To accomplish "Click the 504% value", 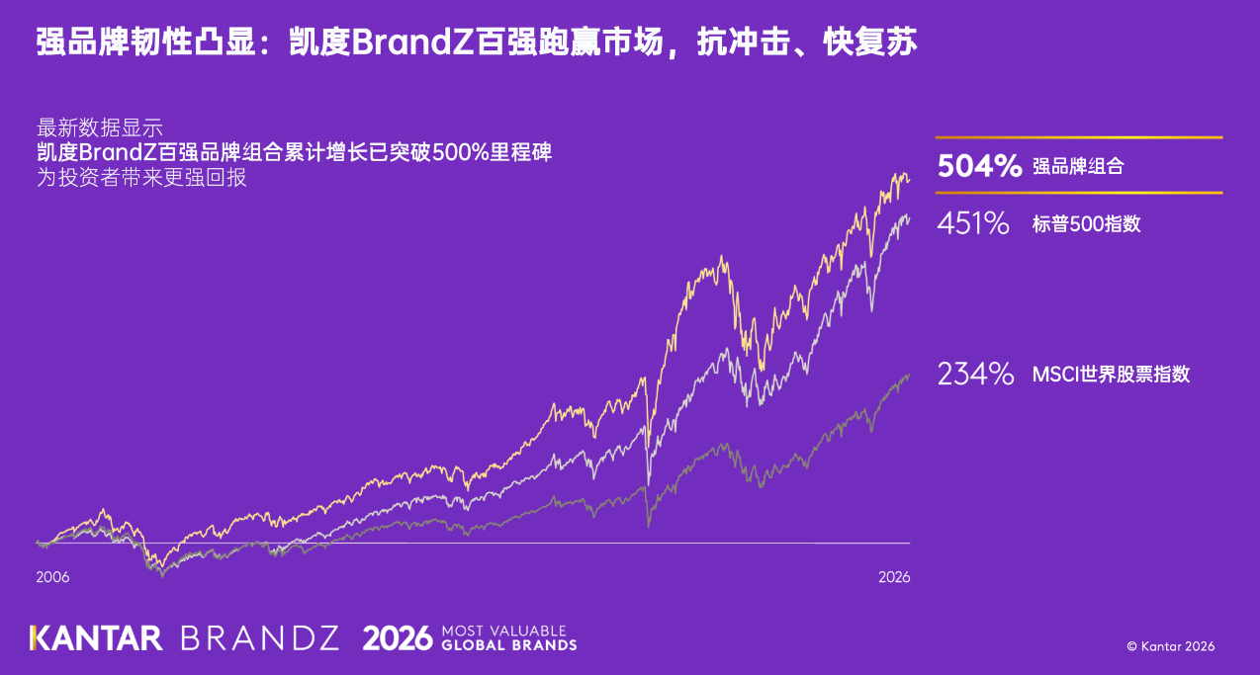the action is coord(979,166).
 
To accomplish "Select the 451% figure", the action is coord(973,223).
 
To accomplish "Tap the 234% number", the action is coord(975,374).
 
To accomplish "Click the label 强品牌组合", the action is coord(1078,166).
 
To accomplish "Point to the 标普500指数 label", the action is coord(1086,223).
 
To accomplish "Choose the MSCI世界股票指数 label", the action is coord(1111,374).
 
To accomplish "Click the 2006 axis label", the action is coord(52,577).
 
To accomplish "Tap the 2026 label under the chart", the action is coord(894,577).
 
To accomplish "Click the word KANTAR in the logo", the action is coord(96,638).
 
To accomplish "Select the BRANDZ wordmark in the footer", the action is coord(260,638).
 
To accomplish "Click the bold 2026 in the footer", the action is coord(398,638).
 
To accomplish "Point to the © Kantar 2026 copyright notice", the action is coord(1171,646).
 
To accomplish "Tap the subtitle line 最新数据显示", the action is coord(100,128).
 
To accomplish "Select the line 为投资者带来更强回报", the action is coord(141,177).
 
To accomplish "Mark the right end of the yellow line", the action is coord(910,180).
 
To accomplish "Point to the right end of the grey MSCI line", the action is coord(910,375).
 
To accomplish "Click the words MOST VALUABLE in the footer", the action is coord(504,632).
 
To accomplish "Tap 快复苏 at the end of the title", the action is coord(869,42).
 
